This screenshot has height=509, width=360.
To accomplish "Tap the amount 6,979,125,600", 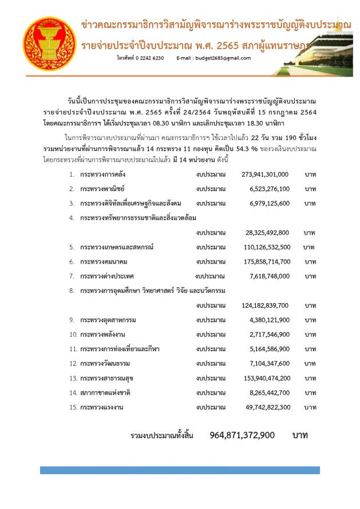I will [269, 204].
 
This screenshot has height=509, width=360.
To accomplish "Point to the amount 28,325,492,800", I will [267, 233].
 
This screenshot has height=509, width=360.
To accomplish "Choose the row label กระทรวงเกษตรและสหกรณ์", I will [117, 247].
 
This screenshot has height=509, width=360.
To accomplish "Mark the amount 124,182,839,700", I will [265, 305].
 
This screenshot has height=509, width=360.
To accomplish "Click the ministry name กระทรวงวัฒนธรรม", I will [105, 364].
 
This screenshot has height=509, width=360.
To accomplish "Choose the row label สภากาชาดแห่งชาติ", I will [106, 393].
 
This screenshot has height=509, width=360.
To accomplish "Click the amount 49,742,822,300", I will [267, 407].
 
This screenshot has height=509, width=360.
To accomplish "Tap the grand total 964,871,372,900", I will [242, 435].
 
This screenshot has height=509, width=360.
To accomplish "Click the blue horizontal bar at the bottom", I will [180, 470].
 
